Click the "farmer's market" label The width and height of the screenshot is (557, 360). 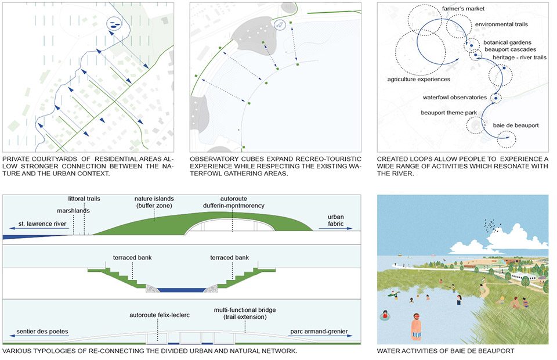463,9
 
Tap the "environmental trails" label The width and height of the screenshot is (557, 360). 501,24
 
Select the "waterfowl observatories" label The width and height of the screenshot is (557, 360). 454,97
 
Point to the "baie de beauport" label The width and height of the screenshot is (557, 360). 515,125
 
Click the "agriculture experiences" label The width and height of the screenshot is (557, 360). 418,79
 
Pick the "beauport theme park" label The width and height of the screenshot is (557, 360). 449,113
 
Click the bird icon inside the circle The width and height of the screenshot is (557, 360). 280,25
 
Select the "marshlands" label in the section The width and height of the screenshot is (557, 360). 73,211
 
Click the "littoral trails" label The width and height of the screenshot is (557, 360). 84,199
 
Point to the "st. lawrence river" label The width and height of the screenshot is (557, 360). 42,224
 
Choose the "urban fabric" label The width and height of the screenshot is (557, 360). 335,220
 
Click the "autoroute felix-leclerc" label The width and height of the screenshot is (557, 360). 160,315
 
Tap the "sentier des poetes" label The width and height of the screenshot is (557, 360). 42,332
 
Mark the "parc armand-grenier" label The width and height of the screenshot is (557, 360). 319,332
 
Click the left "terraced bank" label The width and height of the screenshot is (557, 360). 132,257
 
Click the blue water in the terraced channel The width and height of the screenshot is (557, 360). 182,290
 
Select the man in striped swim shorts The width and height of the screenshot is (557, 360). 417,326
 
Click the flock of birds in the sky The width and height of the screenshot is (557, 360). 491,225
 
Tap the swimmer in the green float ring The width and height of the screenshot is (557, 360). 384,315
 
